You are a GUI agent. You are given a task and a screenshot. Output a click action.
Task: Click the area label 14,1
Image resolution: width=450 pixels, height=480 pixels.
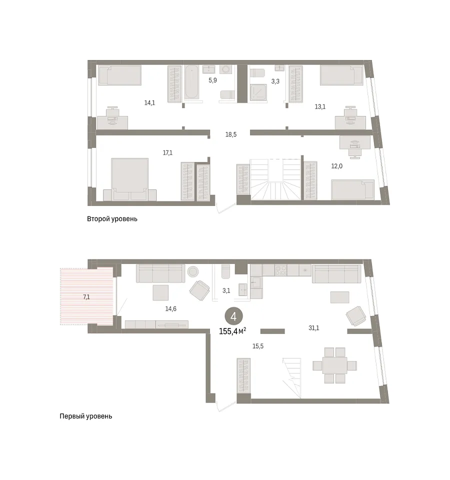click(149, 103)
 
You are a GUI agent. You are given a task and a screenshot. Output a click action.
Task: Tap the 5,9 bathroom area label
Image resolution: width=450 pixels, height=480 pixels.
click(213, 80)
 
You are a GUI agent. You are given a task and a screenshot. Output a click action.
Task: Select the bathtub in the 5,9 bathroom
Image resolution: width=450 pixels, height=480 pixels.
click(192, 82)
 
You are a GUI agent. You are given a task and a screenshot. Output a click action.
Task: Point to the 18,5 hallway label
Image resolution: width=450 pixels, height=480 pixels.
click(231, 134)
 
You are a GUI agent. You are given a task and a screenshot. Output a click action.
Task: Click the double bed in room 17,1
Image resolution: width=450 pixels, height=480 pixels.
click(130, 179)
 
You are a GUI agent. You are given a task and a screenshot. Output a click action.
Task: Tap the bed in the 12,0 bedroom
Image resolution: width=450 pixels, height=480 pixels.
click(352, 189)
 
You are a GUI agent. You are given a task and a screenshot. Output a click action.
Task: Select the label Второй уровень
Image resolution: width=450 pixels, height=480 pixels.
click(112, 219)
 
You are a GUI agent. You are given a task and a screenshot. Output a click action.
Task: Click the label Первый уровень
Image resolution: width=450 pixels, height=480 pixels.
click(85, 416)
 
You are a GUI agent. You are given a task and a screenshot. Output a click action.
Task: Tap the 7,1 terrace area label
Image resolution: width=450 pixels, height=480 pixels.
click(86, 296)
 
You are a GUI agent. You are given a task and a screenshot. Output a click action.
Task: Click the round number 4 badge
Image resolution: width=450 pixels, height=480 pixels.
click(233, 316)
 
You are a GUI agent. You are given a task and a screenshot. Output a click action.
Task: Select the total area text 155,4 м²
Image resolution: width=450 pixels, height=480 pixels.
click(232, 331)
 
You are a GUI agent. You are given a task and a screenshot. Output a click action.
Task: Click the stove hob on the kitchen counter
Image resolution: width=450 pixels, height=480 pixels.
click(280, 270)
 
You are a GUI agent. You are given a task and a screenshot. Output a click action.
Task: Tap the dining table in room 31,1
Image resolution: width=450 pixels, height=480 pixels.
click(334, 365)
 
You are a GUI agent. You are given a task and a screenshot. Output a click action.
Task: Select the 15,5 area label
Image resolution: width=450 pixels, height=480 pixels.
click(258, 346)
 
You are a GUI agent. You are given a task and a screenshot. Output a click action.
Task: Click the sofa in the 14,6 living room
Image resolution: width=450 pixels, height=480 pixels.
click(160, 273)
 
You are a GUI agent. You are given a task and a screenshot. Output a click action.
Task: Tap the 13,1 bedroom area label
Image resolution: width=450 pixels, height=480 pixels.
click(320, 107)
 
